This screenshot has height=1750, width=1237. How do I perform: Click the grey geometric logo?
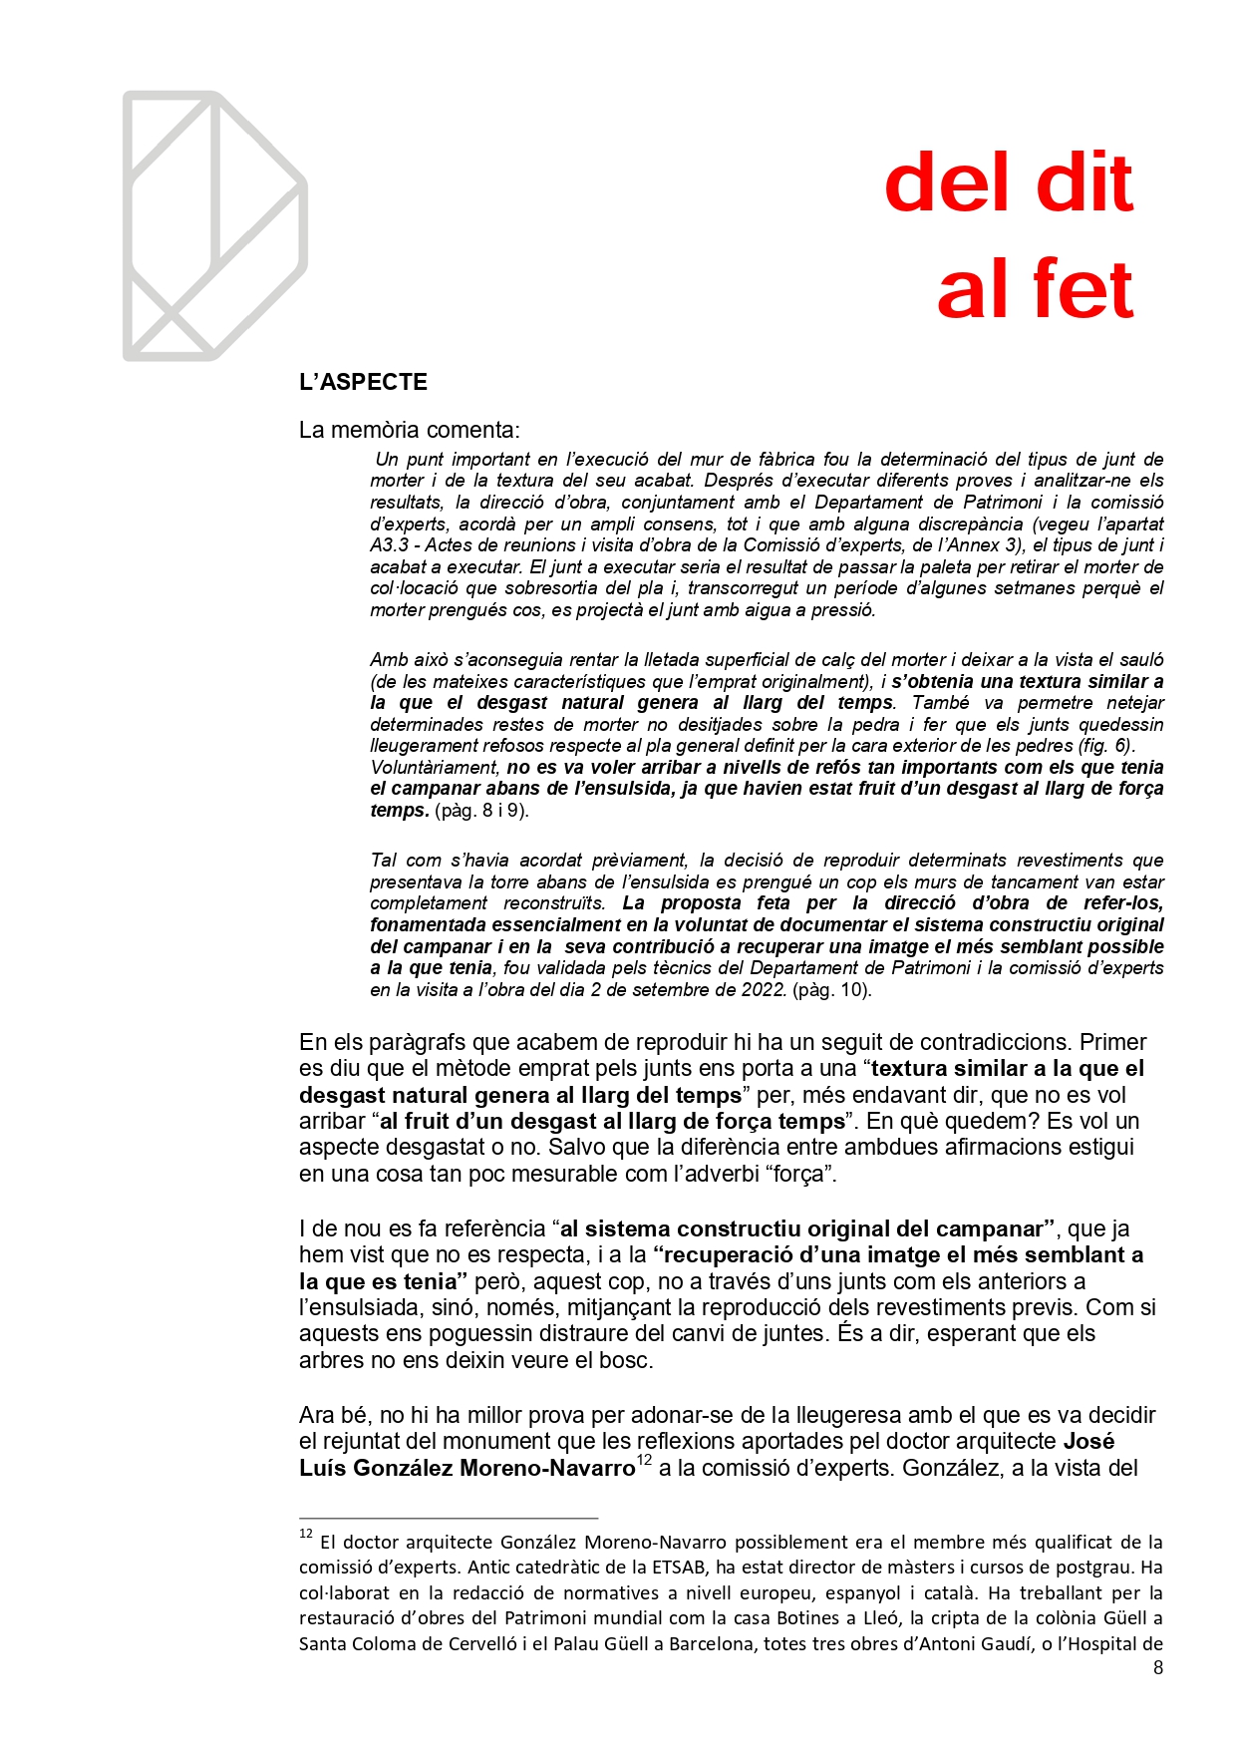coord(214,226)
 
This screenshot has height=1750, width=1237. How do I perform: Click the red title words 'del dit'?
coord(1008,183)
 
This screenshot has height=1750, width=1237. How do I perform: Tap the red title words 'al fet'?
coord(1035,289)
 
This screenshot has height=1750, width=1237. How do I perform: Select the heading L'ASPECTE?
coord(363,382)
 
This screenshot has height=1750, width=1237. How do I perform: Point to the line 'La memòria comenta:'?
coord(409,430)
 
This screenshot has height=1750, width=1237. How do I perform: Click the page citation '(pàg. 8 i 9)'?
coord(481,811)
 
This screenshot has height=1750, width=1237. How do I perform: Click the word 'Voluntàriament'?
coord(434,768)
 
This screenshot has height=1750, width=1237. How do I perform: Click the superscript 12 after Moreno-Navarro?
coord(644,1461)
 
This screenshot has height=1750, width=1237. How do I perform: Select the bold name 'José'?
coord(1088,1441)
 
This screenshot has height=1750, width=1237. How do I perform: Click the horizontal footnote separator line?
coord(448,1518)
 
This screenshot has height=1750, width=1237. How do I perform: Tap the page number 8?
coord(1157,1668)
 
